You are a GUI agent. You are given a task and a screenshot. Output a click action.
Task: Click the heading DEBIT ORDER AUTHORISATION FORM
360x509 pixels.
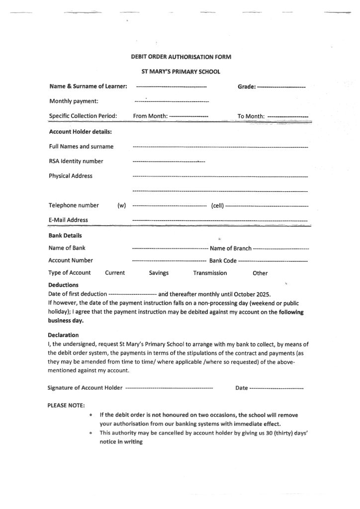pyautogui.click(x=180, y=57)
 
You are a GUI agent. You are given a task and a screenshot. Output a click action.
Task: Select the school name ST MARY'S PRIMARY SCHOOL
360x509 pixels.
pyautogui.click(x=180, y=72)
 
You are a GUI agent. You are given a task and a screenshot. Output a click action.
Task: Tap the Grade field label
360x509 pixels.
pyautogui.click(x=247, y=86)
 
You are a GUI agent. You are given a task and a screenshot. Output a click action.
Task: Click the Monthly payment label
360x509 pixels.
pyautogui.click(x=74, y=101)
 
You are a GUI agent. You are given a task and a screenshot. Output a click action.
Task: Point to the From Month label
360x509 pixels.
pyautogui.click(x=151, y=116)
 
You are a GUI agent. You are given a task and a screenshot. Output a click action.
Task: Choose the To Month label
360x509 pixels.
pyautogui.click(x=251, y=116)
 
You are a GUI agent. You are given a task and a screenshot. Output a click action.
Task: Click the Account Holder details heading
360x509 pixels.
pyautogui.click(x=81, y=132)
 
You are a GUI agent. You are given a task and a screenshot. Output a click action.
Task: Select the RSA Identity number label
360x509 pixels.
pyautogui.click(x=76, y=161)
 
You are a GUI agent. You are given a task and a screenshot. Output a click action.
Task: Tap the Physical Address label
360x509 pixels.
pyautogui.click(x=71, y=176)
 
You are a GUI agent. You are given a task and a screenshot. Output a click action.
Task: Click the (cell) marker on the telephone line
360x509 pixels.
pyautogui.click(x=218, y=206)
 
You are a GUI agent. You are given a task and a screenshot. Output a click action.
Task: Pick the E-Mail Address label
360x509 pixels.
pyautogui.click(x=68, y=220)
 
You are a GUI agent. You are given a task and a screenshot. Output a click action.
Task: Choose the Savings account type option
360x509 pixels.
pyautogui.click(x=159, y=273)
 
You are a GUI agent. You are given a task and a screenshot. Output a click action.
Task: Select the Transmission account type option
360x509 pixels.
pyautogui.click(x=210, y=273)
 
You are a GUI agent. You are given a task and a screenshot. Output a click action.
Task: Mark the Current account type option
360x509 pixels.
pyautogui.click(x=115, y=273)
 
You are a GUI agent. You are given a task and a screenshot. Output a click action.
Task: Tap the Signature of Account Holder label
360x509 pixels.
pyautogui.click(x=85, y=388)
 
